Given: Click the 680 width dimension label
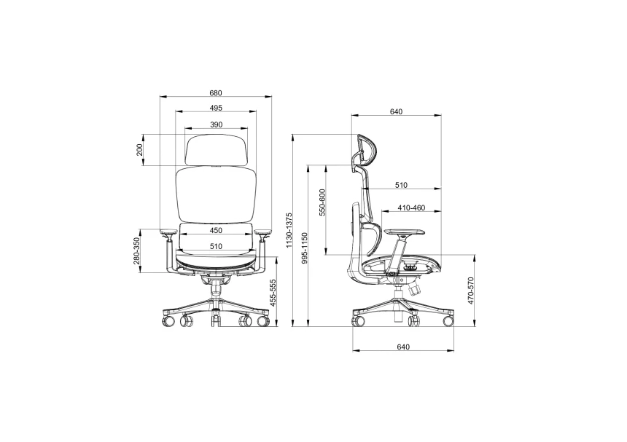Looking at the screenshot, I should [x=215, y=93].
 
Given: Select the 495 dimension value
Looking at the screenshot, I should [x=215, y=108].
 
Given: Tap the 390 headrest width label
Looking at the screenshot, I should [x=216, y=125].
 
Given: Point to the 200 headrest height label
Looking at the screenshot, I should [x=139, y=151].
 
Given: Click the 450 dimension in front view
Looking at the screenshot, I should [x=216, y=230].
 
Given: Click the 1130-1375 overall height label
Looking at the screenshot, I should [x=289, y=232].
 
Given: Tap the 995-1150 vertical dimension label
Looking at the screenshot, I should [x=305, y=250].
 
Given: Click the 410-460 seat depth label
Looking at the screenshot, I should [x=411, y=208].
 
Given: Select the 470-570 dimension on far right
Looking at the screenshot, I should [x=471, y=290].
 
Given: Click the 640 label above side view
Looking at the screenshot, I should [x=396, y=112].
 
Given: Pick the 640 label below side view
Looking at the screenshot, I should [x=404, y=347].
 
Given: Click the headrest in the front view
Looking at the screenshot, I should [x=217, y=149].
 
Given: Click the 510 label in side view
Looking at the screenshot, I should [x=402, y=185].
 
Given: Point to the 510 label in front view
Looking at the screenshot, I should [x=216, y=246].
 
